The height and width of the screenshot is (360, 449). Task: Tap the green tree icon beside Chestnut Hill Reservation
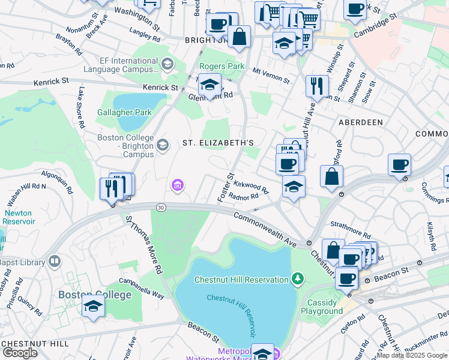pos(297,278)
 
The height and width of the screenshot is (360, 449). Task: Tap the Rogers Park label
pos(222,66)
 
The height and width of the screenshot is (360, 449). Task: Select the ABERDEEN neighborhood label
pos(361,122)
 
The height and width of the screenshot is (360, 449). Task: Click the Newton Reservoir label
pos(20,217)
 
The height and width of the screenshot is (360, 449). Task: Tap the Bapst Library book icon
pos(55,262)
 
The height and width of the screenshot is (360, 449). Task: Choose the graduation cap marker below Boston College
pos(93,306)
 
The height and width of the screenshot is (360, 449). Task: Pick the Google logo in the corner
pos(20,352)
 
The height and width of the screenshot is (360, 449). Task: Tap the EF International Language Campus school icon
pos(167,64)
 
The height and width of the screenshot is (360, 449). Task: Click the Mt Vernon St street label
pos(271,75)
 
